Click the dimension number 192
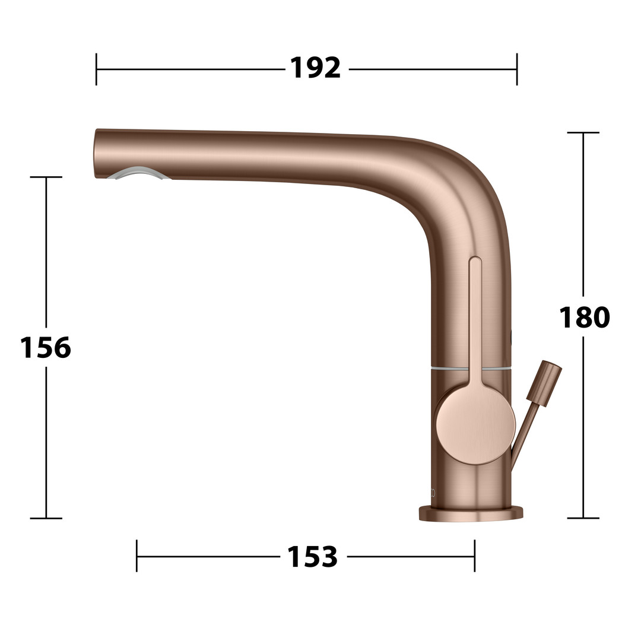pos(315,68)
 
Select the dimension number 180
pos(584,317)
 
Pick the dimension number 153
pos(312,556)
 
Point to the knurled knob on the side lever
pos(544,383)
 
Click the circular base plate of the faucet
pos(471,513)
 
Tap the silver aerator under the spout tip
pos(138,173)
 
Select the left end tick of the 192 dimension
pos(96,69)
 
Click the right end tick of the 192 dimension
pos(517,69)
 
